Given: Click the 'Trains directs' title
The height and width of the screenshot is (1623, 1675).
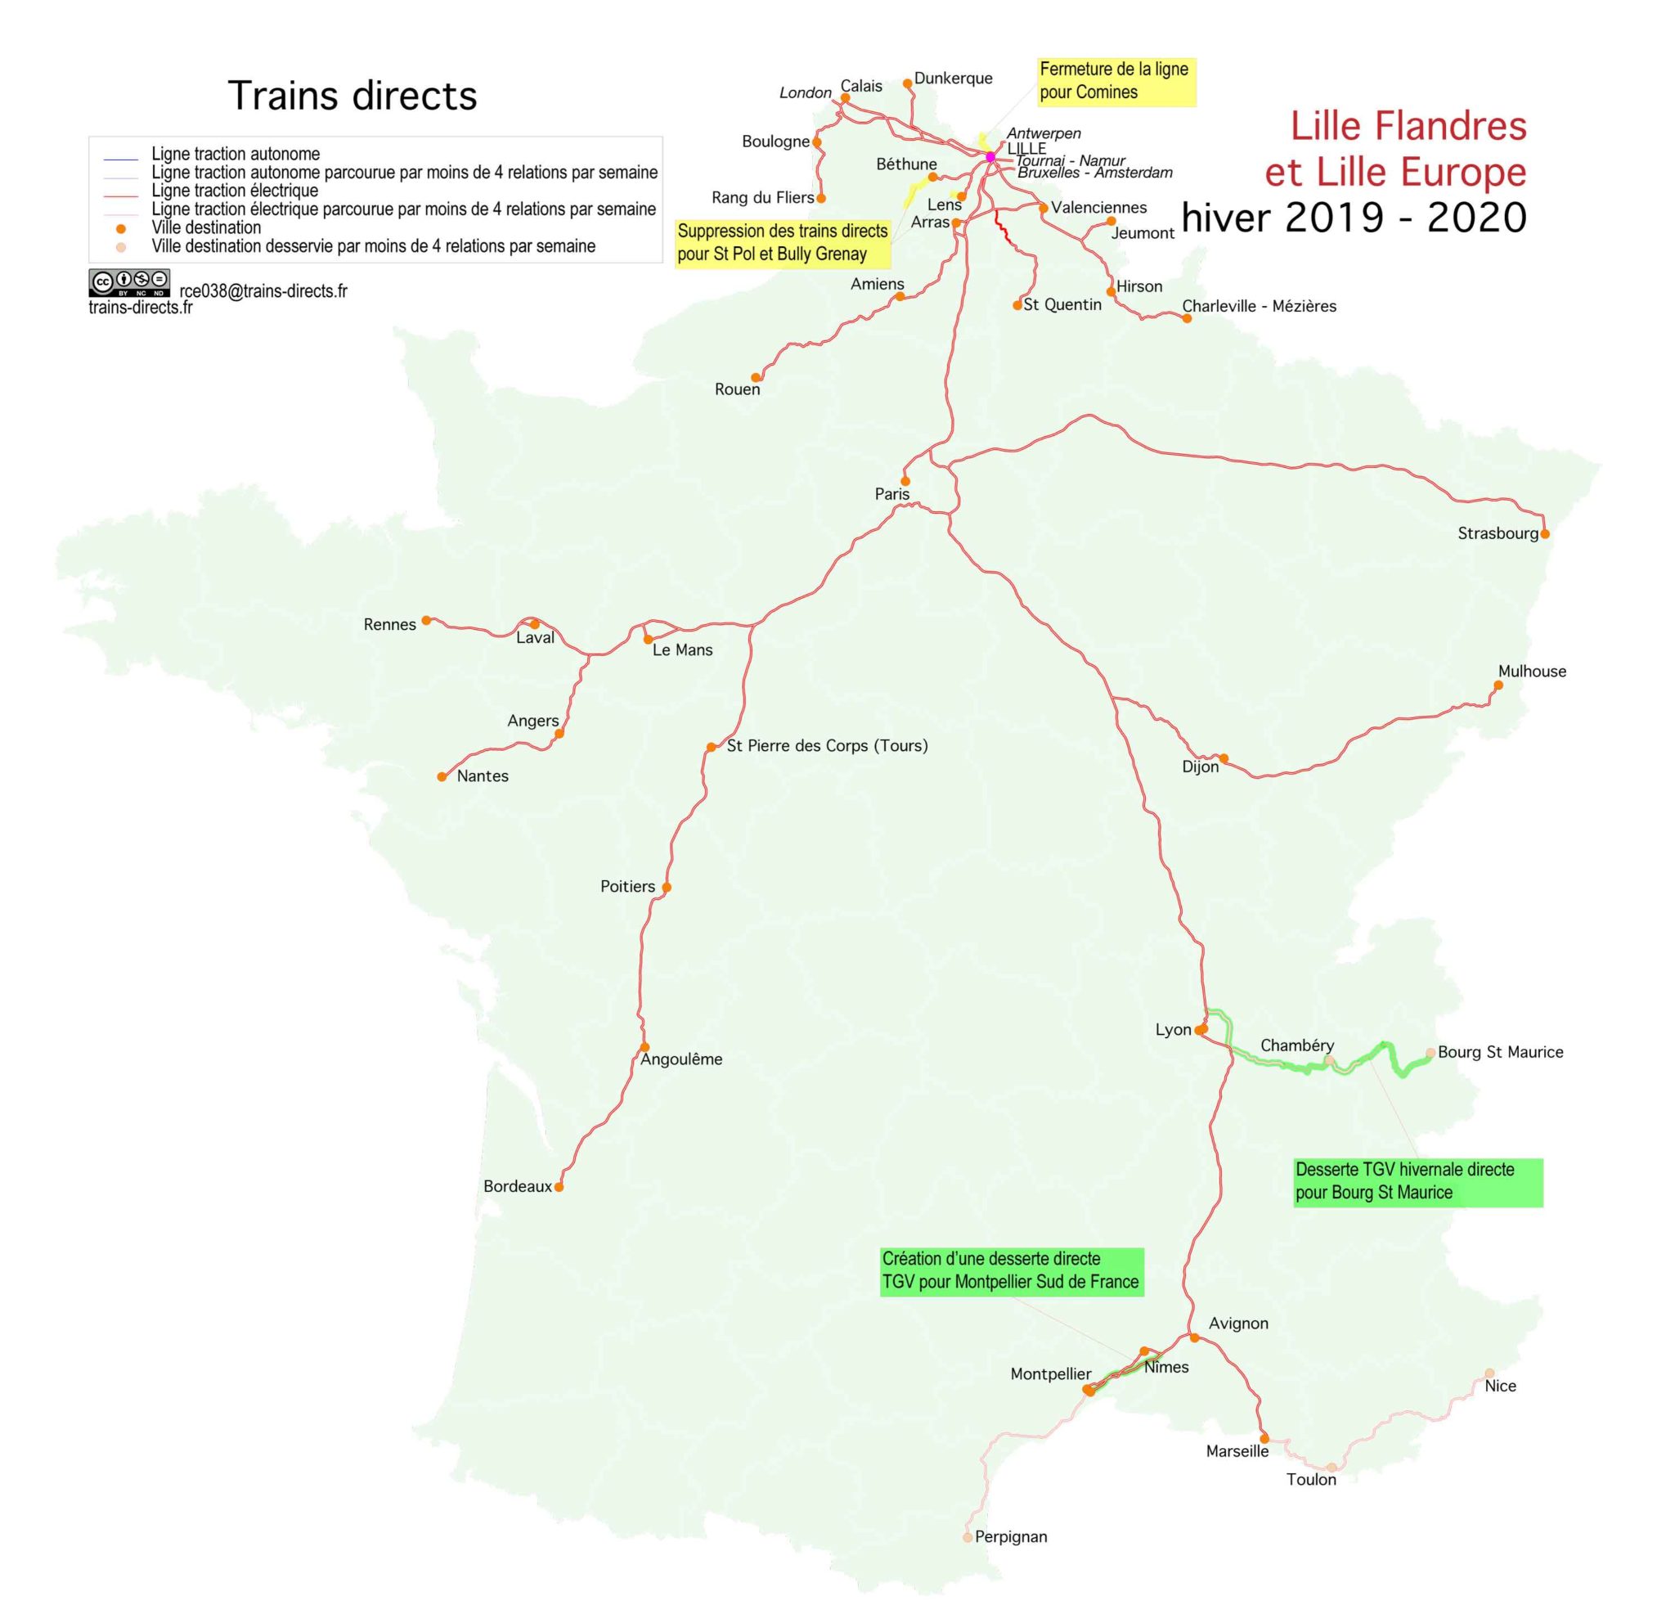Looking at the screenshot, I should click(x=352, y=96).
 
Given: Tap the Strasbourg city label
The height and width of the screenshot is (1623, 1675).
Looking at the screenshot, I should click(x=1498, y=533).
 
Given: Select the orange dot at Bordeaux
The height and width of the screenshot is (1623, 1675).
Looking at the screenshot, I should click(x=559, y=1186).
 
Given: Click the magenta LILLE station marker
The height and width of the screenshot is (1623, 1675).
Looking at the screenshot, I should click(x=990, y=157).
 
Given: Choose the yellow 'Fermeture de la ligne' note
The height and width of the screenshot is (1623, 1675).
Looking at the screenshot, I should click(x=1116, y=81).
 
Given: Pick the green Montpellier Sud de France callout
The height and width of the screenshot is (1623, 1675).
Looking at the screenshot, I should click(x=1011, y=1271).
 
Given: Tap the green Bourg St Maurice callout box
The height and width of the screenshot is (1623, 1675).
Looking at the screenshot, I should click(x=1417, y=1181).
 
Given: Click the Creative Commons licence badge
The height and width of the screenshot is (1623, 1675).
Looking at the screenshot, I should click(x=129, y=282).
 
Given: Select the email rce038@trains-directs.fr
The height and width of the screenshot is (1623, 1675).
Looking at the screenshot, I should click(x=263, y=290).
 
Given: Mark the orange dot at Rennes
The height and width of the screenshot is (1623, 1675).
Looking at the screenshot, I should click(x=426, y=620).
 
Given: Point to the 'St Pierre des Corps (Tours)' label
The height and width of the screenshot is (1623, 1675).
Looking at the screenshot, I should click(x=827, y=745).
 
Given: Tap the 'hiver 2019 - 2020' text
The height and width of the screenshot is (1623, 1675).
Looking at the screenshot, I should click(x=1354, y=218).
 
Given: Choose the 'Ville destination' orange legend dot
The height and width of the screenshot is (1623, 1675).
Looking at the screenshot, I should click(x=121, y=228).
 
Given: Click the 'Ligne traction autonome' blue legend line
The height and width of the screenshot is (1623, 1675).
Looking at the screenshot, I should click(x=120, y=159).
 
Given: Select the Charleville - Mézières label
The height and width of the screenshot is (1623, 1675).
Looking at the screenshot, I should click(x=1259, y=306).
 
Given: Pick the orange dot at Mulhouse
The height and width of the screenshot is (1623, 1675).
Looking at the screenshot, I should click(x=1498, y=685).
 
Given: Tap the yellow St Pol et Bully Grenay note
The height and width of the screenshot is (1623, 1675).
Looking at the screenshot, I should click(x=782, y=243).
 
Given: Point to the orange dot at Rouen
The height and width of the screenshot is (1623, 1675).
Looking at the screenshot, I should click(x=757, y=377).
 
